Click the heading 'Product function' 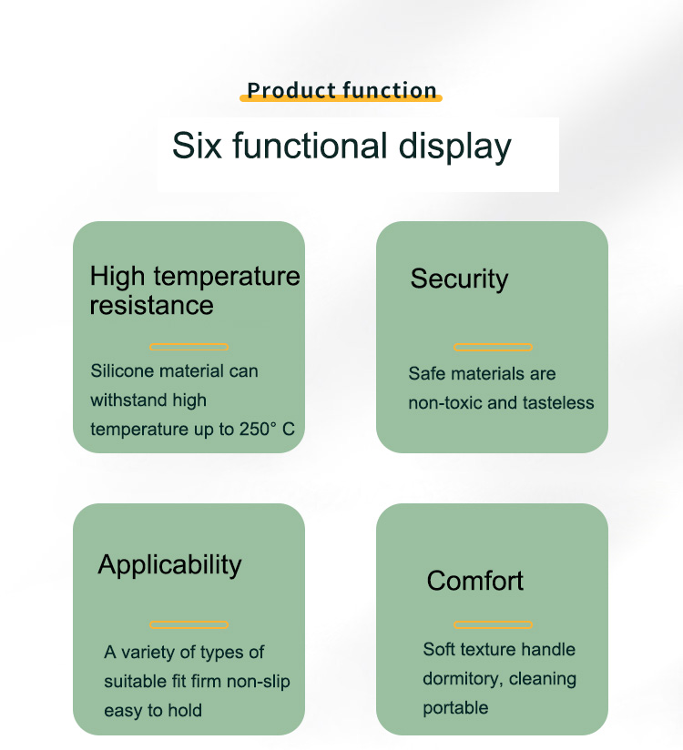tap(341, 90)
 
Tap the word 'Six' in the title tap(197, 146)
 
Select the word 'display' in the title tap(454, 147)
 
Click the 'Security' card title tap(459, 279)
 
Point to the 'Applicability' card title tap(170, 565)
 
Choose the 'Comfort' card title tap(474, 581)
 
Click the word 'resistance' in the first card tap(152, 305)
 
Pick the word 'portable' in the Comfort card tap(455, 708)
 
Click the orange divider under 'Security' tap(493, 348)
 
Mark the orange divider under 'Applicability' tap(189, 624)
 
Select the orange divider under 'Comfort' tap(493, 624)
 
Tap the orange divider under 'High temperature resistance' tap(189, 348)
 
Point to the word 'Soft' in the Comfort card tap(438, 650)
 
